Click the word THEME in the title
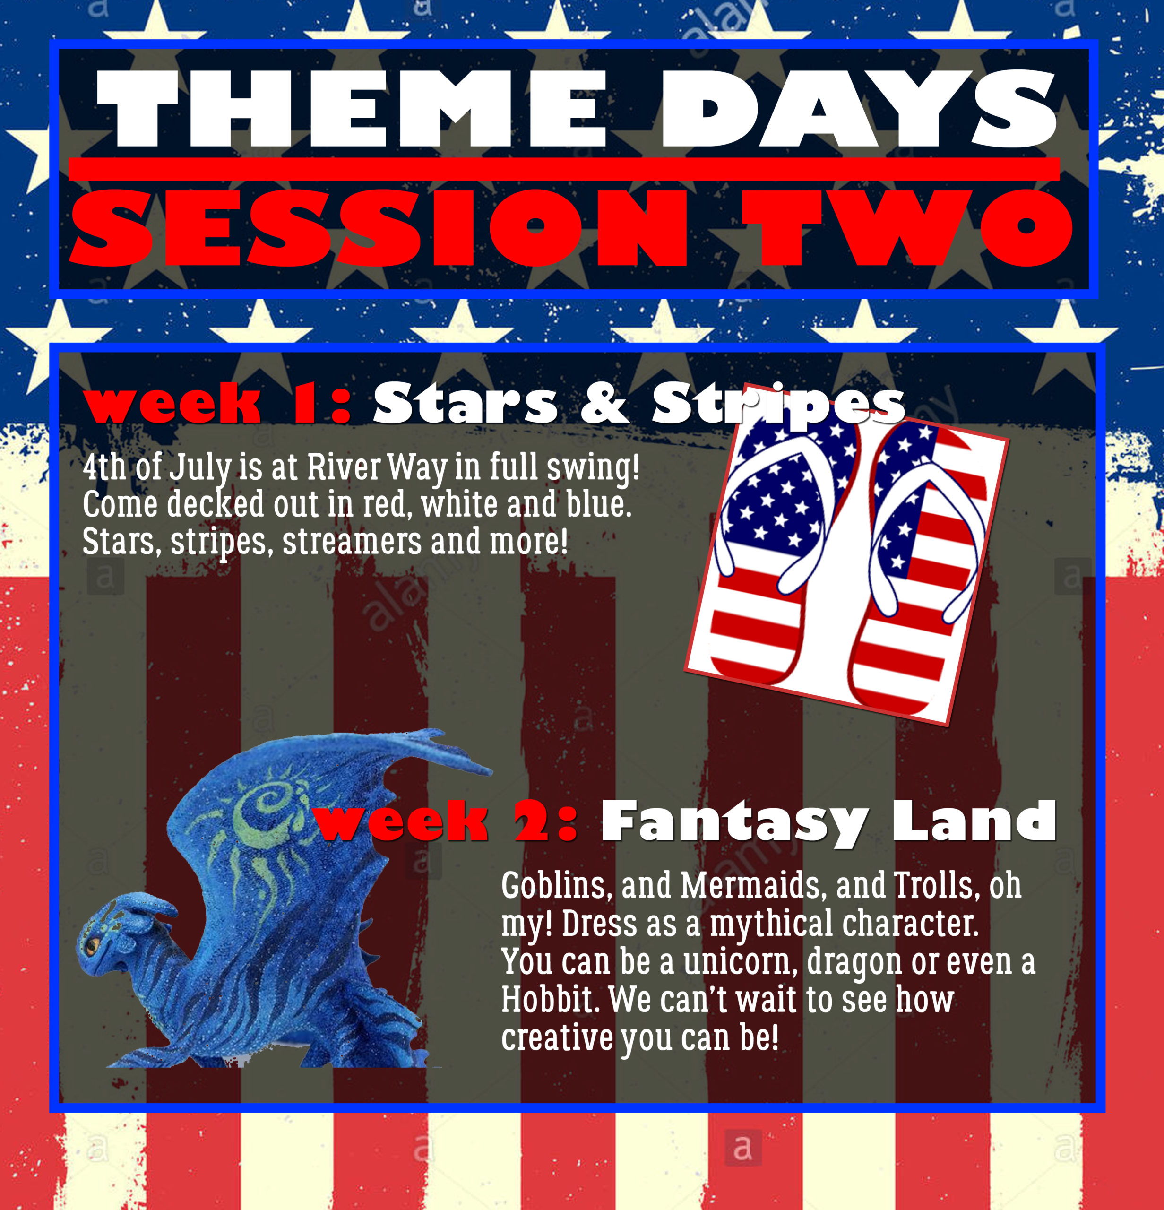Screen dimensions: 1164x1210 (x=352, y=109)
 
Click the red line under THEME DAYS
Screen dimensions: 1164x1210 (x=564, y=169)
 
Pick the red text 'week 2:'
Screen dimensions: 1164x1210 (x=446, y=821)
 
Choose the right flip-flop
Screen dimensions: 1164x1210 (x=920, y=568)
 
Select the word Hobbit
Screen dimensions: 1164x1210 (x=550, y=1000)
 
